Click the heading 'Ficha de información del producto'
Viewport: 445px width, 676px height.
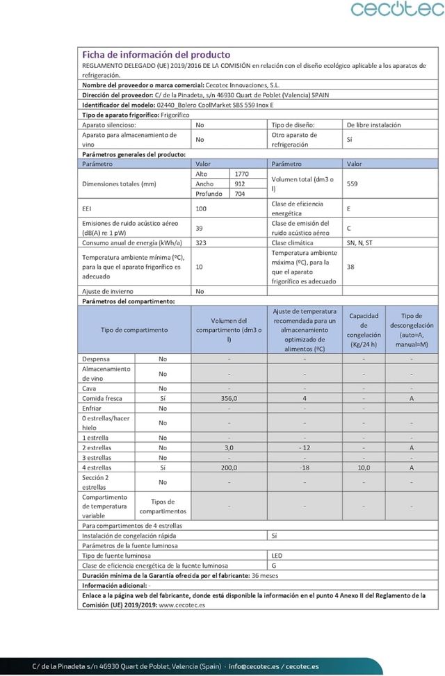(x=156, y=55)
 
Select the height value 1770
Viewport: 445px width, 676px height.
(x=242, y=173)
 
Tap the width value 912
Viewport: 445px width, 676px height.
(x=240, y=183)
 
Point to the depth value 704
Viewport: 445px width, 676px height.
(x=241, y=194)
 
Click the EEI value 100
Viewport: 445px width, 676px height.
(x=202, y=208)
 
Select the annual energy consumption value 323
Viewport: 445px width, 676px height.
(x=202, y=242)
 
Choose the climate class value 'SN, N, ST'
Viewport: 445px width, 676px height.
(x=359, y=242)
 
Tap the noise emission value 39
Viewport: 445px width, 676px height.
(x=199, y=227)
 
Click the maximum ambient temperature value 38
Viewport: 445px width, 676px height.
(x=351, y=266)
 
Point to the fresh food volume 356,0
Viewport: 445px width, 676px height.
(x=229, y=398)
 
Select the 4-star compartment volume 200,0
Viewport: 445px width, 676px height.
(x=229, y=468)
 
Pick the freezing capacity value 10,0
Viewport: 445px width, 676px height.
(x=364, y=468)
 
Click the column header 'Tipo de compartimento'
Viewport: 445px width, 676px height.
(x=135, y=329)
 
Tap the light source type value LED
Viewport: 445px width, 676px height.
(x=277, y=556)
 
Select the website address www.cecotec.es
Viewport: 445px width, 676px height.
(x=182, y=604)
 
